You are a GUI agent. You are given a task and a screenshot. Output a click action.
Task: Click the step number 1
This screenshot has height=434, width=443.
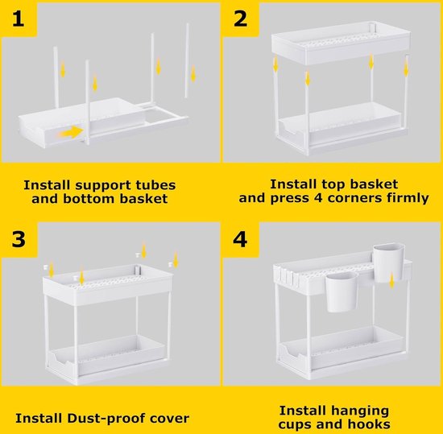pos(18,19)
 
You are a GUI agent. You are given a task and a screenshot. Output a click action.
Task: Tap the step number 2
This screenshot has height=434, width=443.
pos(241,19)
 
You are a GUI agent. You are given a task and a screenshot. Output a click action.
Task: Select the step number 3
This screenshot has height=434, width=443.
pos(19,239)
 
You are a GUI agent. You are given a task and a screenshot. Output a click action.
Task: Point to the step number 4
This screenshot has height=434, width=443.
pos(240,239)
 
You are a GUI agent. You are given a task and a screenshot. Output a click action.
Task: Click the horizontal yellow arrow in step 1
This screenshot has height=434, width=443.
pos(71,132)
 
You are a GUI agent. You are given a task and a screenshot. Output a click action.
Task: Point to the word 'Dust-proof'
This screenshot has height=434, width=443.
pos(106,418)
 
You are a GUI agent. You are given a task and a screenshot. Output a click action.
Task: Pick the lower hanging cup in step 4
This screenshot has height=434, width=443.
pos(342,292)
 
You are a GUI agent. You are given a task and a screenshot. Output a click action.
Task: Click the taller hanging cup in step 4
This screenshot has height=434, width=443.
pos(389,262)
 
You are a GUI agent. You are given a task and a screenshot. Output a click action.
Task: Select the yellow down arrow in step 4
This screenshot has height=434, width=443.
pos(391,280)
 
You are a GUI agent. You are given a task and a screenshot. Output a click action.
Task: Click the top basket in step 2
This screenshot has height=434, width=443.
pos(341,43)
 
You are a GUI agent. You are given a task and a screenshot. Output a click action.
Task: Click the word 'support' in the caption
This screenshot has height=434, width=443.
pos(104,186)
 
